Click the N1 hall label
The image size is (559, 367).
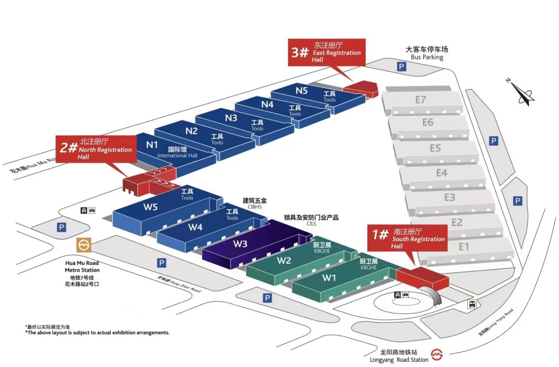point(152,144)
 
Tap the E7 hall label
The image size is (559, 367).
point(421,99)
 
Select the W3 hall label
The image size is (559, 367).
point(240,244)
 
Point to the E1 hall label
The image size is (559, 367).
point(464,247)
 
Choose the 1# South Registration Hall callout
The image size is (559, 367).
point(407,238)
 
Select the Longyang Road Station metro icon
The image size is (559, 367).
point(436,355)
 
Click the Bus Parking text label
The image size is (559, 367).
point(427,54)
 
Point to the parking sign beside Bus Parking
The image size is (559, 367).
point(401,67)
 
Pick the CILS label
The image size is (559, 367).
point(311,224)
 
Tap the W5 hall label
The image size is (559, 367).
point(150,207)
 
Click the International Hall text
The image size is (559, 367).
point(177,156)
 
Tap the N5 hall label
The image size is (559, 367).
point(302,91)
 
